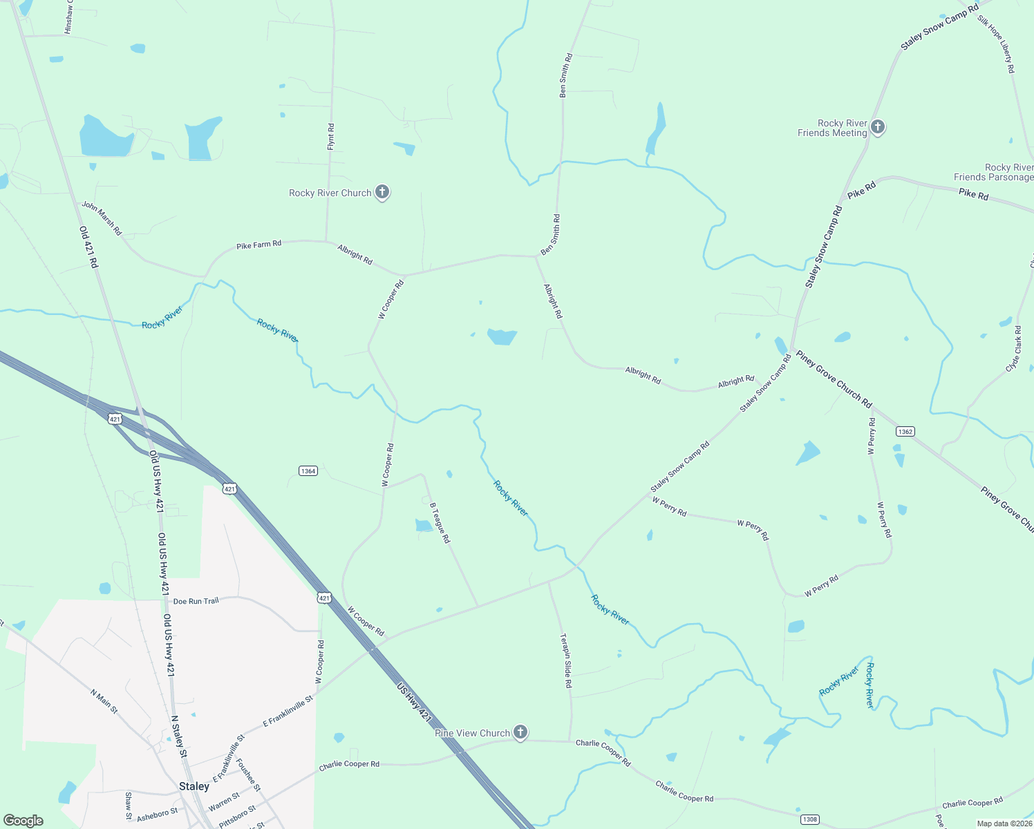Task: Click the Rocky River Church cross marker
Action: (382, 192)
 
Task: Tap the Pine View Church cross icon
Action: (520, 732)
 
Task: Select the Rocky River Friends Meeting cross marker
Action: (878, 127)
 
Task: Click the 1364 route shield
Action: (308, 471)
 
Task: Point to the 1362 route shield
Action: (905, 431)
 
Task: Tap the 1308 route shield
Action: (809, 819)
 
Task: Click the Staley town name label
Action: (194, 786)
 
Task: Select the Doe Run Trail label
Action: (196, 601)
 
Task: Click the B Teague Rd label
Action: (440, 523)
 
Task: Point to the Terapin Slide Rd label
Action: (567, 660)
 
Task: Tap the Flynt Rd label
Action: (330, 137)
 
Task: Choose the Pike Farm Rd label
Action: (258, 245)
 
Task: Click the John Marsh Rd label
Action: (102, 218)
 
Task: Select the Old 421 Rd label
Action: (88, 247)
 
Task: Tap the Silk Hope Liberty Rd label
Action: (996, 44)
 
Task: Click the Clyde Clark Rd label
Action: (1013, 349)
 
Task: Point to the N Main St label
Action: (104, 701)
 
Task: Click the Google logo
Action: (23, 821)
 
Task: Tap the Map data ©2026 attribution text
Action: (1004, 823)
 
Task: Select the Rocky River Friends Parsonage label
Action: (993, 172)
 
